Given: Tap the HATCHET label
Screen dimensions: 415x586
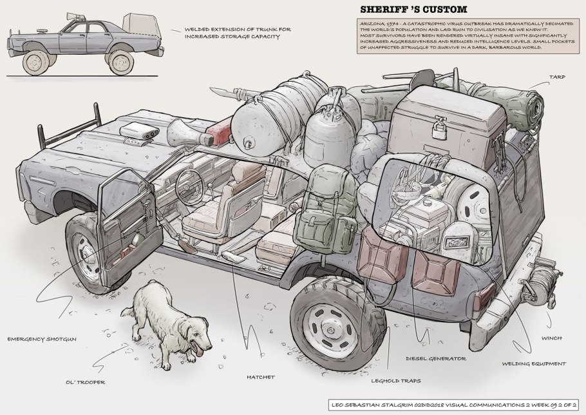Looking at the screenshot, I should [261, 376].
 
